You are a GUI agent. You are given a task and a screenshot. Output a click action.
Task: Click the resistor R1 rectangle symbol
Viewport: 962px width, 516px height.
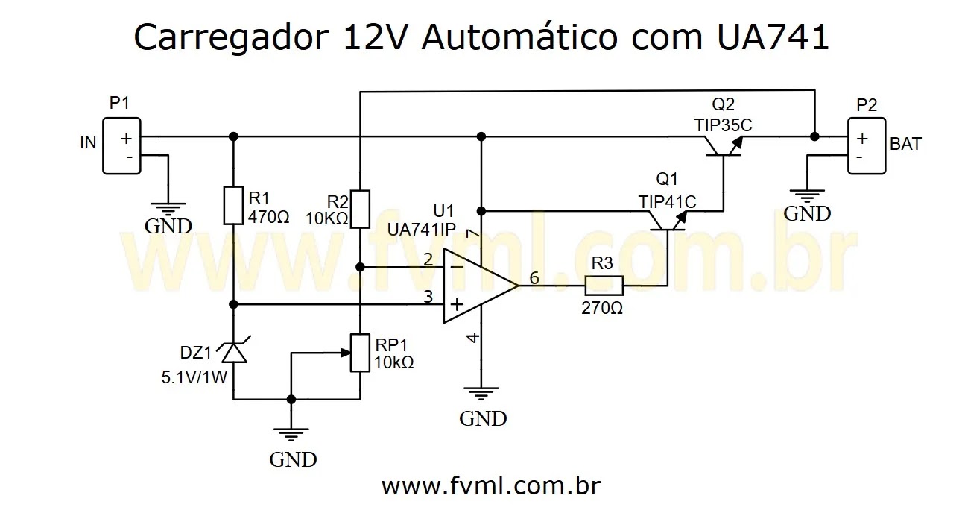point(232,206)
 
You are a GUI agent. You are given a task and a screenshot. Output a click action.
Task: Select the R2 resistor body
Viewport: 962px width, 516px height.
point(360,209)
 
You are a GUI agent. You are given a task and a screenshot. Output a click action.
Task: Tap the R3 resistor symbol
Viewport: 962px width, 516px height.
point(604,286)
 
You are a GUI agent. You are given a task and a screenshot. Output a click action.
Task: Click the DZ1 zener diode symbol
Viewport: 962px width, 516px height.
point(233,353)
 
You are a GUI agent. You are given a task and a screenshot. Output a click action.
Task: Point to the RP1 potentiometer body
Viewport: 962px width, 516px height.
point(360,353)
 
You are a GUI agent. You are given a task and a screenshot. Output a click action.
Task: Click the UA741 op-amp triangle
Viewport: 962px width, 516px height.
point(477,286)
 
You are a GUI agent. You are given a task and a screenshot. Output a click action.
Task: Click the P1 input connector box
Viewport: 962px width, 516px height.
point(121,146)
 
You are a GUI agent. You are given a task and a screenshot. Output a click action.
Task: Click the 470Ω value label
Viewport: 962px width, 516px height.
point(268,218)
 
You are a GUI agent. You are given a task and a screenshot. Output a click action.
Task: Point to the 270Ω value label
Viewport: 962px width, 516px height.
point(602,308)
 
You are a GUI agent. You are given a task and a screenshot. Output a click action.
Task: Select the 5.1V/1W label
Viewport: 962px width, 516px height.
point(194,377)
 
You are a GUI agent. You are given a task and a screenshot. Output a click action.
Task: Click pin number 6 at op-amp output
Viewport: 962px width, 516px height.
point(534,277)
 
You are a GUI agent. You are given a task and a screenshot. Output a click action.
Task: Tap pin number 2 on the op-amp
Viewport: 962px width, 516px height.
point(428,259)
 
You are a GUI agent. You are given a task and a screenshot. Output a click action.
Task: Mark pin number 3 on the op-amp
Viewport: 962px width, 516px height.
point(428,297)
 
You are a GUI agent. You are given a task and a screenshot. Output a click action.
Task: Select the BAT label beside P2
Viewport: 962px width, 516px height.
point(905,144)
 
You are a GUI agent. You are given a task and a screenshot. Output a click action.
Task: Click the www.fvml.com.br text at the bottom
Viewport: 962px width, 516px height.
point(491,486)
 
